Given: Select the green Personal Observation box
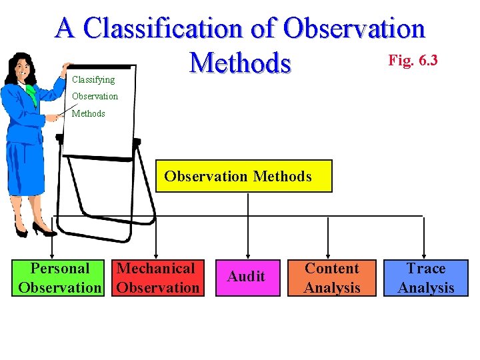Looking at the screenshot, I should pyautogui.click(x=60, y=278).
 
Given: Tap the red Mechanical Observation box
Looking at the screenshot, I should pyautogui.click(x=158, y=278).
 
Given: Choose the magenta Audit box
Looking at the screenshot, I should pyautogui.click(x=246, y=277).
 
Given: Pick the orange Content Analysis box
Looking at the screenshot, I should pyautogui.click(x=331, y=278).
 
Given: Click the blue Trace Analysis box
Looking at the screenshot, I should pyautogui.click(x=425, y=278).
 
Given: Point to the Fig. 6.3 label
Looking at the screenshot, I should pyautogui.click(x=413, y=61).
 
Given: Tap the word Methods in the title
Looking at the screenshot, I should pyautogui.click(x=241, y=63).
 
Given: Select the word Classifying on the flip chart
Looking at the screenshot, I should pyautogui.click(x=93, y=79).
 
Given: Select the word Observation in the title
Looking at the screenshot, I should pyautogui.click(x=353, y=29).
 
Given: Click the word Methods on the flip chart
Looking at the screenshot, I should pyautogui.click(x=89, y=113).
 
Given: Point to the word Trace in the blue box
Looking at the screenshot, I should pyautogui.click(x=426, y=269).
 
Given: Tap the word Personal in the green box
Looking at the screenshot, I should pyautogui.click(x=60, y=269).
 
